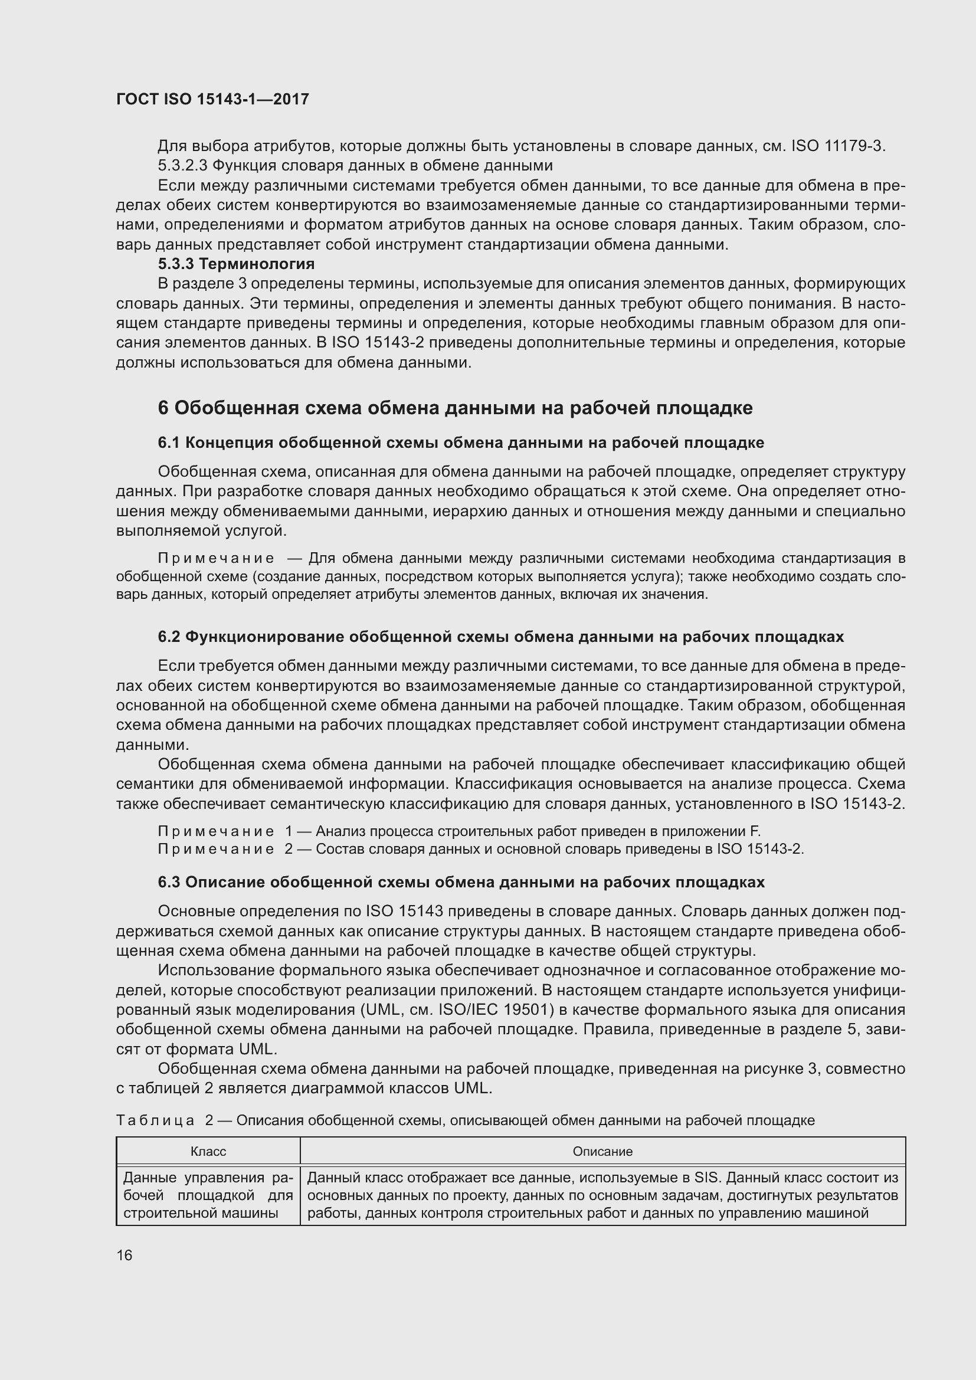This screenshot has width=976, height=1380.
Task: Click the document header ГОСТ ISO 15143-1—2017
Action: click(x=212, y=99)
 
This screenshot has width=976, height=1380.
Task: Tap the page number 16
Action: click(x=125, y=1255)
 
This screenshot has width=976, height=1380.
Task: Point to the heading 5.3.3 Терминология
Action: click(x=236, y=264)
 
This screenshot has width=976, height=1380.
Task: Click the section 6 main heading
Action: click(x=455, y=408)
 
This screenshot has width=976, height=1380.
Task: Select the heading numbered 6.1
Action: click(x=460, y=443)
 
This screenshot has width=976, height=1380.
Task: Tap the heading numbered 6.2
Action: click(x=500, y=637)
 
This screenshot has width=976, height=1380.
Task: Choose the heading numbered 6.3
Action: click(x=461, y=882)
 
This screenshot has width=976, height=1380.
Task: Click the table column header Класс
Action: click(x=208, y=1152)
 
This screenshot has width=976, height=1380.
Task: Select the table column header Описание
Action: click(x=602, y=1152)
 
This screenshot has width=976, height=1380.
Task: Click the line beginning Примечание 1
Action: click(x=458, y=831)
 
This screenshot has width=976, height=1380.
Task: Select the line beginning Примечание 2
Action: click(x=480, y=848)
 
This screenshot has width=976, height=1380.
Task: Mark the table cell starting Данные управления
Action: click(x=208, y=1195)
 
